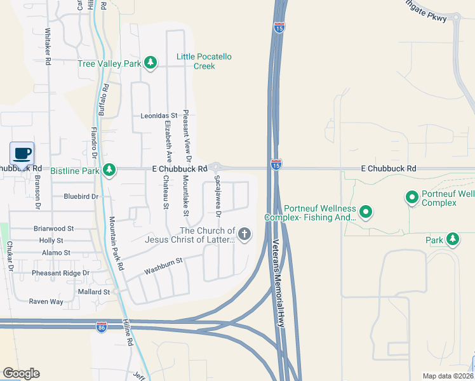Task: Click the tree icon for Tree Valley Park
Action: [151, 63]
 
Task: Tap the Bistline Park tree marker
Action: [110, 170]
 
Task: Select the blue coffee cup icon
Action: [22, 153]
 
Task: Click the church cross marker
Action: [244, 235]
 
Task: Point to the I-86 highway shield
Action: [102, 327]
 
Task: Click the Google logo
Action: [21, 373]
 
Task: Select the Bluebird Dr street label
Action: [81, 197]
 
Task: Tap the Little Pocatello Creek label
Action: [204, 62]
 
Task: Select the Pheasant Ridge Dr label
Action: [61, 273]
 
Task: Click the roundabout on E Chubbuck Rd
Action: [216, 166]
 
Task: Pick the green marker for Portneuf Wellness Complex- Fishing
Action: [365, 211]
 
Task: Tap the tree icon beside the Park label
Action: [452, 239]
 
